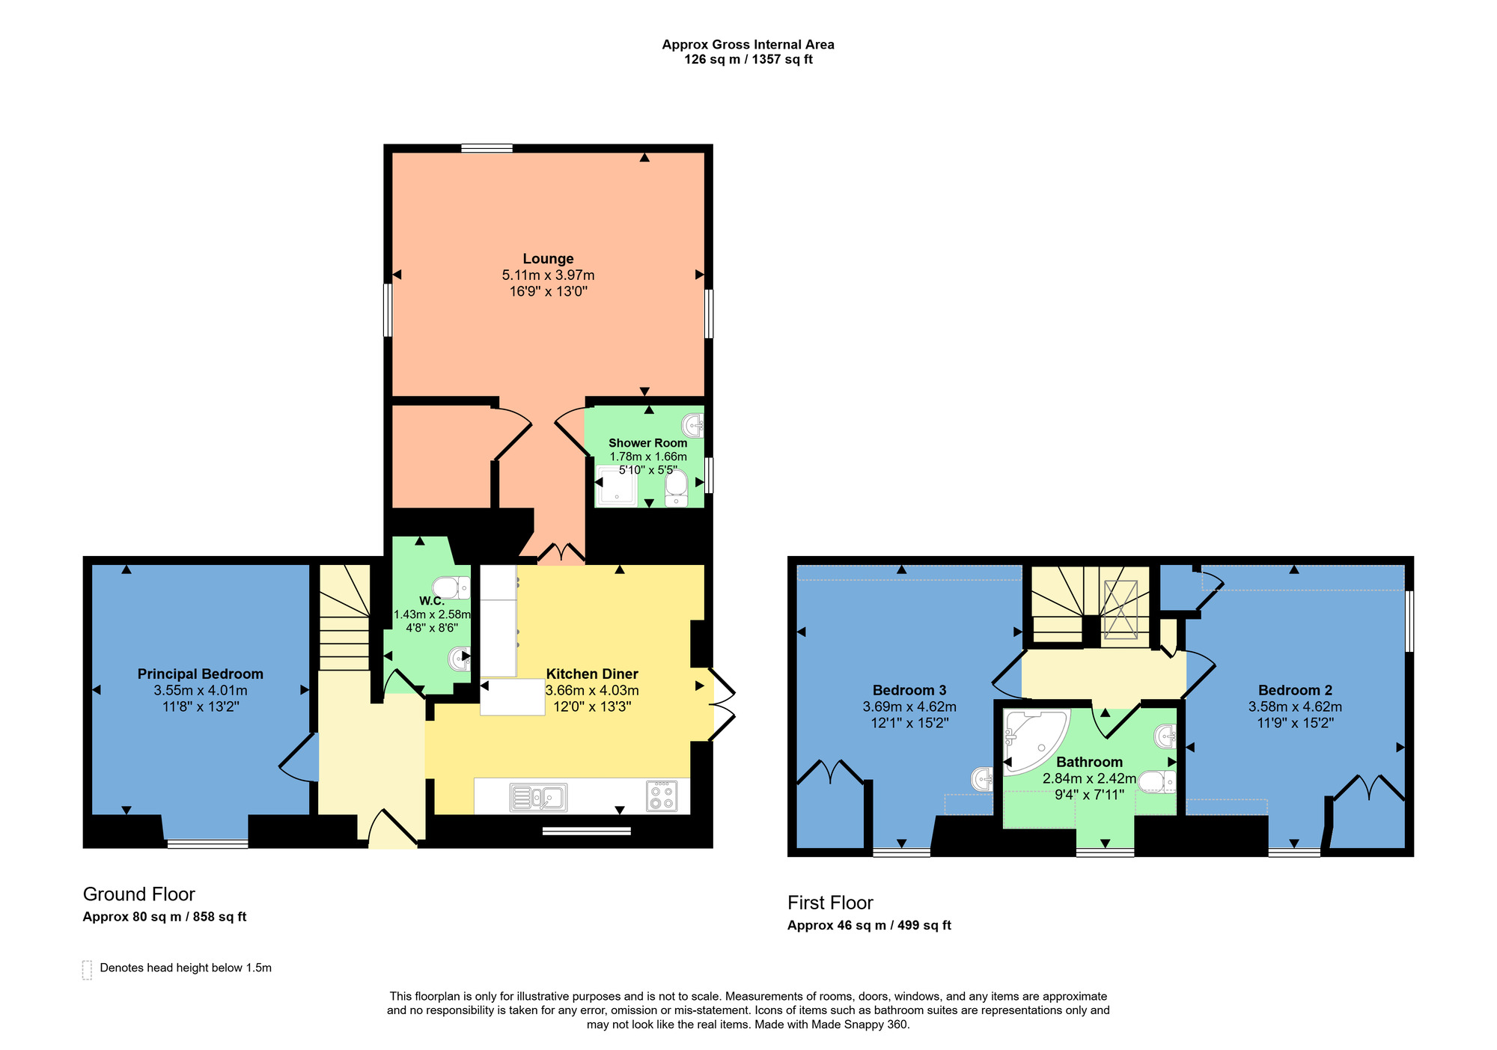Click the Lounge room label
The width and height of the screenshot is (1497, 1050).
[x=548, y=259]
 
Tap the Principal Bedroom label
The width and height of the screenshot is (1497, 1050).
[x=200, y=674]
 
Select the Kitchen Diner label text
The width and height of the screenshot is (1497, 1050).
[x=592, y=674]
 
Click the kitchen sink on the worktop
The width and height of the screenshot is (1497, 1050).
[x=538, y=797]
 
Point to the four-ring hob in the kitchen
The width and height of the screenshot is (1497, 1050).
[x=662, y=796]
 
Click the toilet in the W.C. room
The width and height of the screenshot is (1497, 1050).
[x=451, y=587]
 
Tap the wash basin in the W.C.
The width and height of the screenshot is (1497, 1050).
[x=459, y=659]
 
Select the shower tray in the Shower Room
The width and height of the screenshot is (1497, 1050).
[x=617, y=486]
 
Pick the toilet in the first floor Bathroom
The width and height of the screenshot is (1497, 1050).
[x=1156, y=781]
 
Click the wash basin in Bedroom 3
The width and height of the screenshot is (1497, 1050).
[x=982, y=779]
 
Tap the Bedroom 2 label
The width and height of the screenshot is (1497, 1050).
[x=1295, y=690]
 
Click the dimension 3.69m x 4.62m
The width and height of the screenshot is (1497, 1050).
[x=909, y=706]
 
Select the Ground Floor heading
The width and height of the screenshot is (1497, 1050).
[x=138, y=894]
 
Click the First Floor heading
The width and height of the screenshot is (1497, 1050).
[x=830, y=903]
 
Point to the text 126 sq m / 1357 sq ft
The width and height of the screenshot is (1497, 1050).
[x=748, y=60]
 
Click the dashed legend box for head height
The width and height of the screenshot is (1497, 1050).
[x=87, y=970]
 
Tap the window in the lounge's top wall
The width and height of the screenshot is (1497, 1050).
[x=487, y=148]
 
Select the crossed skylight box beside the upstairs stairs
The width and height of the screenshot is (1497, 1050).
[x=1121, y=608]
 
